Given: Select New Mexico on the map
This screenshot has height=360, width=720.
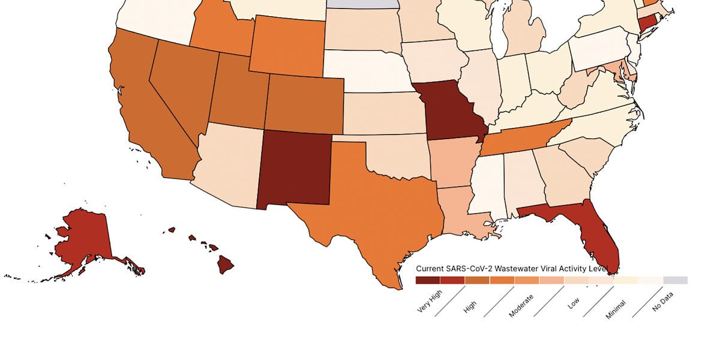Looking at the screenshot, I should click(294, 168).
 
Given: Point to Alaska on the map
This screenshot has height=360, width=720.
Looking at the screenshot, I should click(84, 240).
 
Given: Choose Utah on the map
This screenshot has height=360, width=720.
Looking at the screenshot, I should click(240, 93).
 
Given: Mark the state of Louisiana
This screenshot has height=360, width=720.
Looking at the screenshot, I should click(462, 210).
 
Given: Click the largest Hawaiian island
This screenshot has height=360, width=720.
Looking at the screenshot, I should click(226, 265).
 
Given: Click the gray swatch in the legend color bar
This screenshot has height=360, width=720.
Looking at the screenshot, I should click(676, 280).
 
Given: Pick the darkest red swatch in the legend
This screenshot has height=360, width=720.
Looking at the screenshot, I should click(428, 280).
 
